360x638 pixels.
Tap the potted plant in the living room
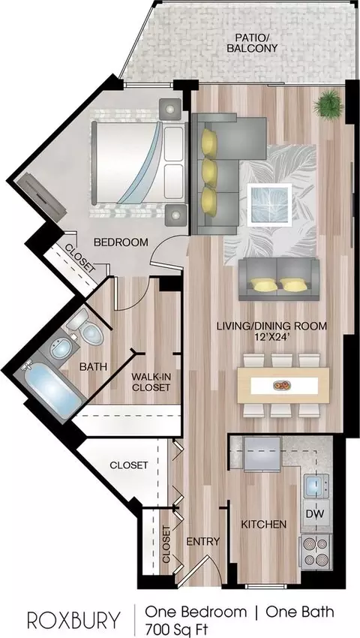point(328,104)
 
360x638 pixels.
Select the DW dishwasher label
point(315,514)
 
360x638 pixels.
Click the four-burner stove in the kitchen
point(314,551)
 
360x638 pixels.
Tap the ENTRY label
point(203,542)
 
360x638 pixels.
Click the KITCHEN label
point(264,524)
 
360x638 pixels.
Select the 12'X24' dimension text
point(271,336)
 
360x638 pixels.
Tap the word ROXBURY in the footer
point(74,620)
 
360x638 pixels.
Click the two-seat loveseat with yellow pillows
point(279,279)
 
